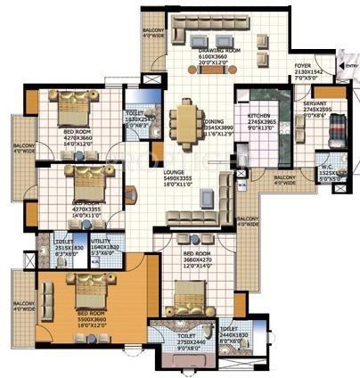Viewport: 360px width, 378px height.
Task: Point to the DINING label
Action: pyautogui.click(x=212, y=120)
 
